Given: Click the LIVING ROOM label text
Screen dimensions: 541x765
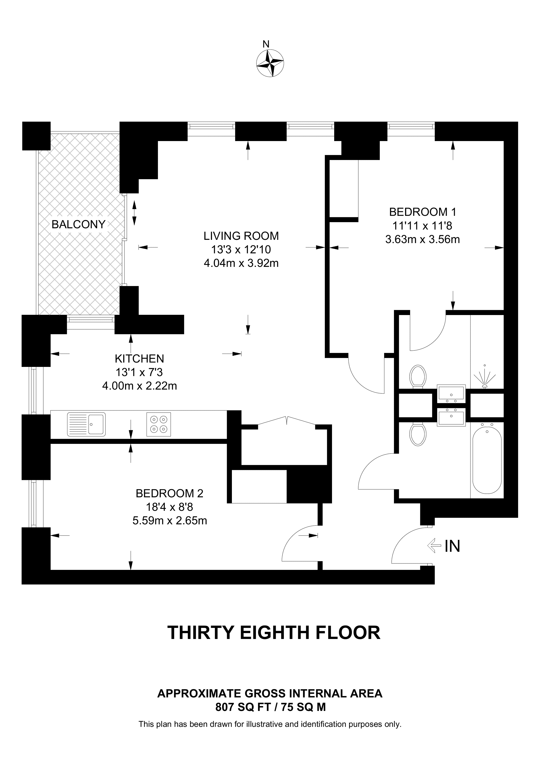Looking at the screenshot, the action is (241, 236).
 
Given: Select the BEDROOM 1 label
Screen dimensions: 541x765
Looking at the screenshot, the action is (422, 212).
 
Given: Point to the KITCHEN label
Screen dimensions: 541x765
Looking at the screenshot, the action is (139, 359).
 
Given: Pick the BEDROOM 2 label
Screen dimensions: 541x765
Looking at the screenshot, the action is (169, 493).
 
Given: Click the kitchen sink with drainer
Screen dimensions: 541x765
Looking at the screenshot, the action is (86, 424).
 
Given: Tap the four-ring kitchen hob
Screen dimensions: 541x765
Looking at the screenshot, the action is (159, 424).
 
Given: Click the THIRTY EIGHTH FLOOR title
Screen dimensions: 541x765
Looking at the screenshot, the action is (274, 633).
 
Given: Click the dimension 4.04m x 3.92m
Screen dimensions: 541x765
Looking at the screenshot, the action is (241, 263).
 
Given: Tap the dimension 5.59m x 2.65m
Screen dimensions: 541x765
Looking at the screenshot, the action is (170, 520).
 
